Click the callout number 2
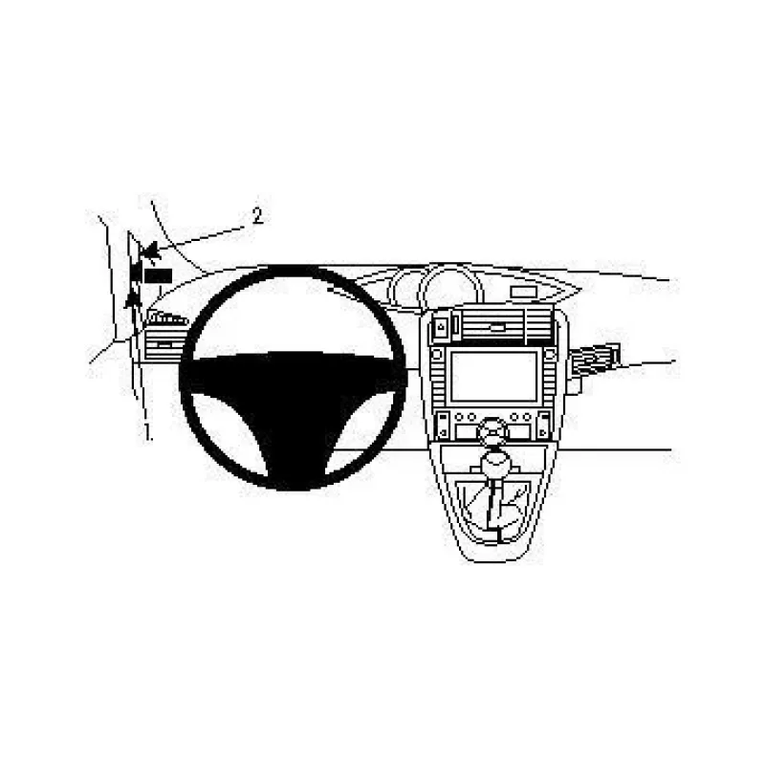coord(257,215)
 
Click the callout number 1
coord(146,432)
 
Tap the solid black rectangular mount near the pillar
coord(158,275)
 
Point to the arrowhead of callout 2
coord(150,251)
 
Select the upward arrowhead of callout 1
coord(132,299)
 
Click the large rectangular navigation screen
coord(493,376)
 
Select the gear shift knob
coord(495,460)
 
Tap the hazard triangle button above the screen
coord(441,327)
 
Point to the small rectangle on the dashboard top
coord(523,292)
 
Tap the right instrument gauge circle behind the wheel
coord(451,288)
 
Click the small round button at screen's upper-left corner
coord(436,355)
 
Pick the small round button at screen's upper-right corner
coord(551,354)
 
